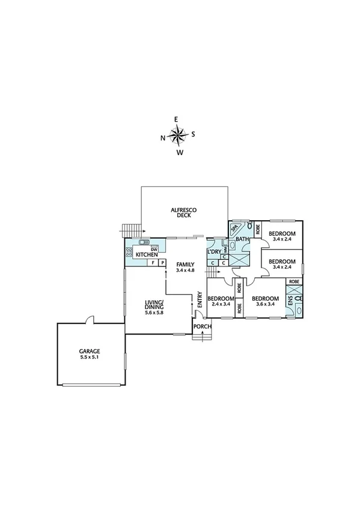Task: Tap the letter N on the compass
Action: pos(163,138)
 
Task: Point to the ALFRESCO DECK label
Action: pos(184,213)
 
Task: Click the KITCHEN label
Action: pos(146,254)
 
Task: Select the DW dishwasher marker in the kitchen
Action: pos(154,249)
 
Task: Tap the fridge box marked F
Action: pos(153,263)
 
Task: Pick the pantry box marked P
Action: pos(162,263)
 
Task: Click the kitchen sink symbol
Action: pos(144,242)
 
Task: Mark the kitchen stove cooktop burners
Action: pos(129,253)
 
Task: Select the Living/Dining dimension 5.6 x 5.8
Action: pos(154,313)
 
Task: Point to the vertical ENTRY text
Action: pos(200,300)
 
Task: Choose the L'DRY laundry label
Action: pos(214,251)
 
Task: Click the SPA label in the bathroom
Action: pos(234,229)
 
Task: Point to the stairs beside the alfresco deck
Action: pos(130,229)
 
